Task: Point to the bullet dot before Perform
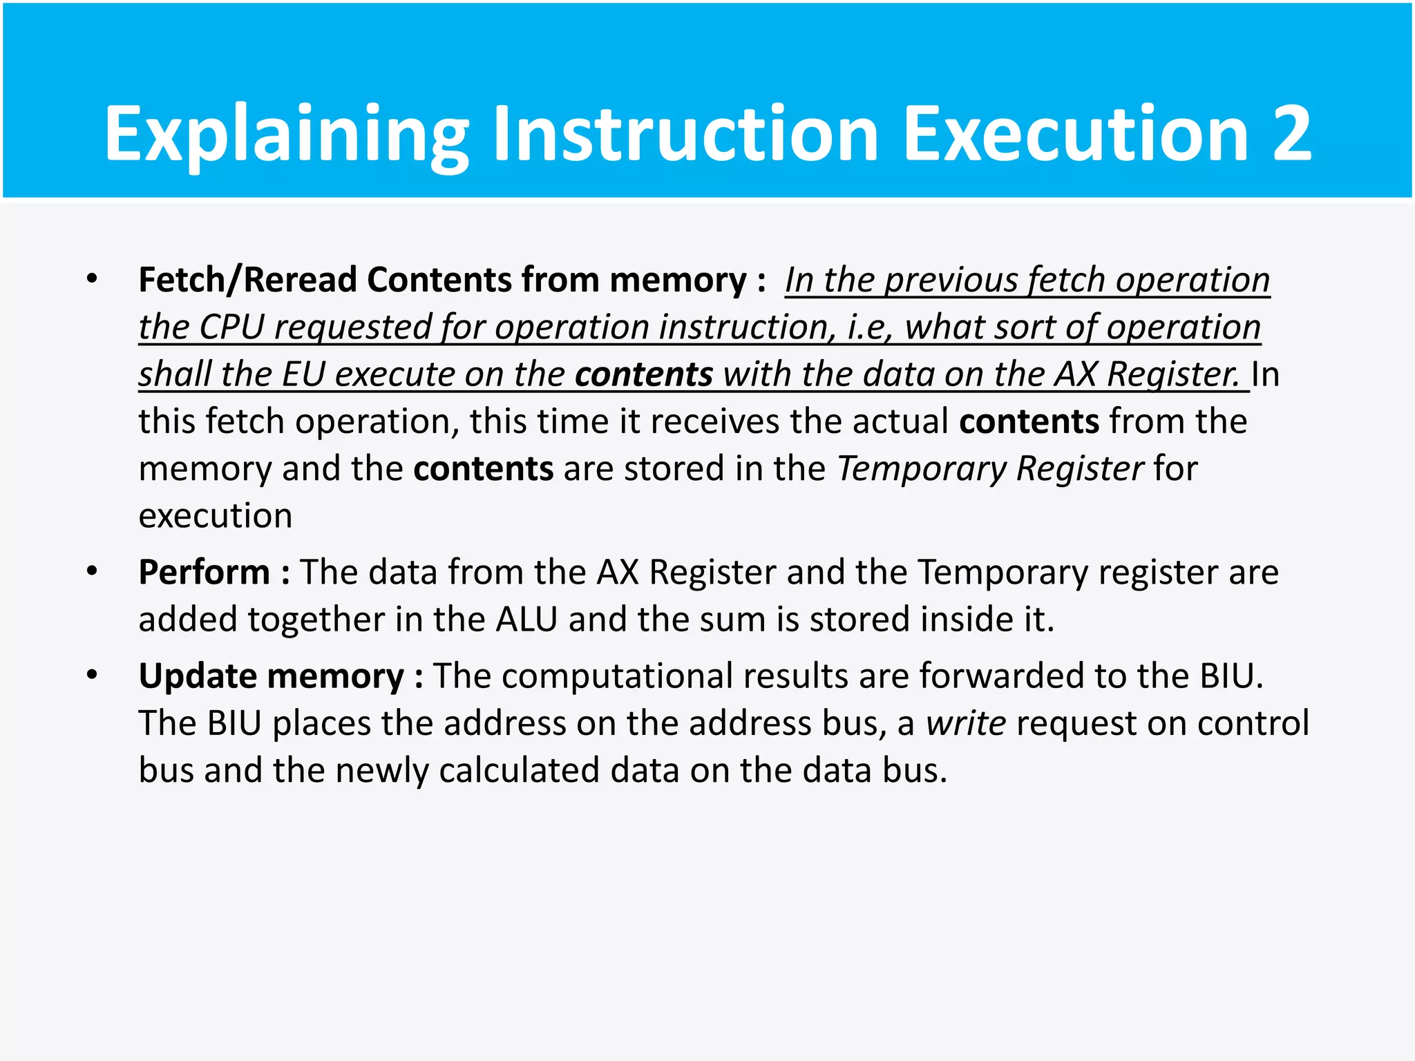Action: pos(92,571)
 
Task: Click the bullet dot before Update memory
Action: pos(92,675)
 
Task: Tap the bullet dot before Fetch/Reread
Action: pos(92,279)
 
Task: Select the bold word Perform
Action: pos(204,573)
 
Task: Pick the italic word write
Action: pos(966,723)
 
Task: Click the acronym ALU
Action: pos(526,620)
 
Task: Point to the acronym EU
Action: pos(303,374)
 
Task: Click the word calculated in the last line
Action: pos(519,770)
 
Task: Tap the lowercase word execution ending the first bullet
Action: pos(216,516)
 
